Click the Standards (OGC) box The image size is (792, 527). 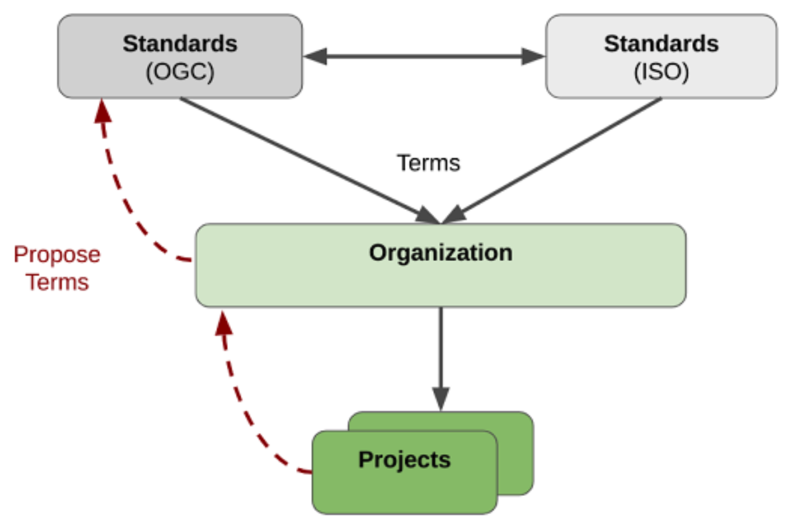pyautogui.click(x=180, y=56)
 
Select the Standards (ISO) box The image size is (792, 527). pyautogui.click(x=661, y=56)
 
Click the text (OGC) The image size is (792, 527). pyautogui.click(x=180, y=73)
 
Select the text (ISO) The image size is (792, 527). pyautogui.click(x=661, y=73)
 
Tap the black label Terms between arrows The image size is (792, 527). pyautogui.click(x=428, y=163)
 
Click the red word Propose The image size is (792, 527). pyautogui.click(x=57, y=254)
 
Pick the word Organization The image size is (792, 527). pyautogui.click(x=440, y=252)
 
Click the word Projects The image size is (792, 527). pyautogui.click(x=404, y=459)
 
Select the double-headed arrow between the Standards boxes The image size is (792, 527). pyautogui.click(x=424, y=56)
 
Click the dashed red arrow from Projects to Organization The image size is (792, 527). pyautogui.click(x=241, y=407)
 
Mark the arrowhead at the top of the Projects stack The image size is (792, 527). pyautogui.click(x=440, y=399)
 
